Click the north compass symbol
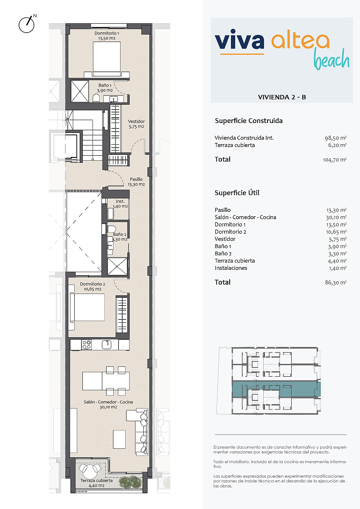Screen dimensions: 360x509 27,24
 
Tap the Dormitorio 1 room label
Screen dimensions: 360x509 107,36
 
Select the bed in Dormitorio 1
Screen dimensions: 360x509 107,59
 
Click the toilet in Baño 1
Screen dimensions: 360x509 96,98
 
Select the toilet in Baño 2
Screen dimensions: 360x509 111,229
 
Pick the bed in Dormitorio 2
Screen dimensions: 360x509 87,307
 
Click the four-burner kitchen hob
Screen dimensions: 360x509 87,344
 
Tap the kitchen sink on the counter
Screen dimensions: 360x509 107,344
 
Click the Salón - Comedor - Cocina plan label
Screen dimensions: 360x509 108,405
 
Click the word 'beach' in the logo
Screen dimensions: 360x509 332,59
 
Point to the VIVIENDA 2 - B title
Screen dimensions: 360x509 282,97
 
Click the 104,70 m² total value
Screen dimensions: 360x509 335,160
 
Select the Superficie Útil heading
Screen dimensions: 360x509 237,193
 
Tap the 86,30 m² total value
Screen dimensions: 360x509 336,282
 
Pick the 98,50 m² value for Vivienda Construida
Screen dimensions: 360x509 336,138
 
